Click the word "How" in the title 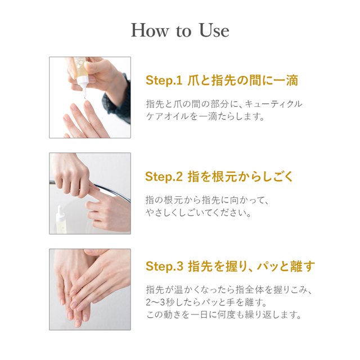tap(149, 30)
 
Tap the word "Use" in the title tap(214, 30)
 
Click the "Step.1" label tap(164, 81)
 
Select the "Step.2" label tap(164, 177)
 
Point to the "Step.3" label tap(164, 266)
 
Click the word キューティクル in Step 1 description tap(273, 104)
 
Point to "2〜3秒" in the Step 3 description tap(160, 303)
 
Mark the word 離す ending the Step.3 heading tap(302, 266)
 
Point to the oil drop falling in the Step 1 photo tap(85, 98)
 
